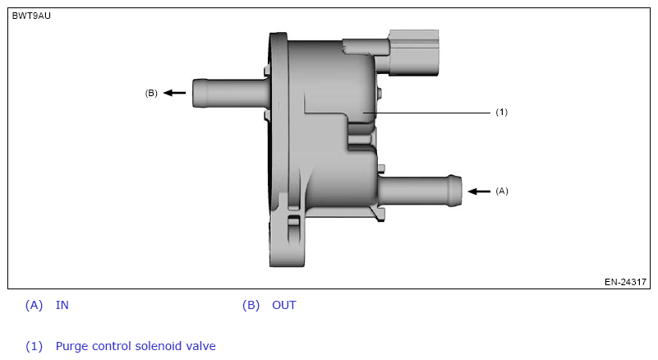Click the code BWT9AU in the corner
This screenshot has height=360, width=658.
click(x=31, y=16)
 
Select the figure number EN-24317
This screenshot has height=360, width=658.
click(x=625, y=282)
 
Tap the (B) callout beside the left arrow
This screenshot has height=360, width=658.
click(x=151, y=94)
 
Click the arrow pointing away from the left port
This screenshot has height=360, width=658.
click(x=173, y=93)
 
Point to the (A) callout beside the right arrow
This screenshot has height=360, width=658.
click(x=502, y=191)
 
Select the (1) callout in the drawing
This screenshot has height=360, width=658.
click(x=502, y=112)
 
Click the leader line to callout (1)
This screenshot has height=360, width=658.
click(x=427, y=112)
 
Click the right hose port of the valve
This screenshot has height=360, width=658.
click(x=419, y=188)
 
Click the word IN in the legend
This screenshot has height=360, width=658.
click(x=62, y=306)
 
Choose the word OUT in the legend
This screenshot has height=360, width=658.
click(x=284, y=306)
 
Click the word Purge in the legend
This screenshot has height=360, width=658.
click(x=71, y=347)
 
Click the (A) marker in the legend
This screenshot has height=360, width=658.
click(x=34, y=306)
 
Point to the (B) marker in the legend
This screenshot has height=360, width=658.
click(x=251, y=306)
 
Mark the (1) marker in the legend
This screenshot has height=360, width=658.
click(x=34, y=347)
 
